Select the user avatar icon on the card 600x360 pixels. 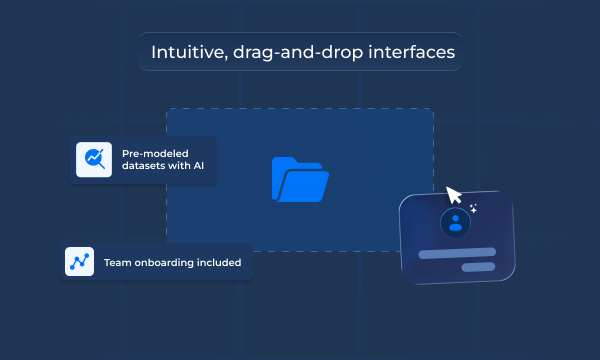tap(456, 222)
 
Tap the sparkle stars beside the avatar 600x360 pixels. tap(474, 209)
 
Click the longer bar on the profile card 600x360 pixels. tap(457, 252)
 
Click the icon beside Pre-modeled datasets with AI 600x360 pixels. tap(93, 159)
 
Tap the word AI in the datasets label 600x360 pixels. tap(198, 166)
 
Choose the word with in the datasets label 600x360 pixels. tap(178, 166)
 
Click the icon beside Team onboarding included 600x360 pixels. tap(79, 261)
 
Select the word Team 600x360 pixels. tap(116, 262)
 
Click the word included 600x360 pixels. tap(220, 262)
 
